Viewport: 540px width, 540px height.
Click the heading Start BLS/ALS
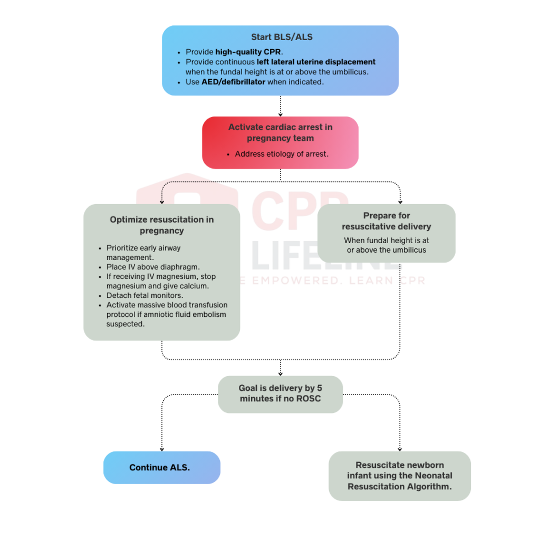point(280,38)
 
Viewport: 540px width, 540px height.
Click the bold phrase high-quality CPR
point(249,52)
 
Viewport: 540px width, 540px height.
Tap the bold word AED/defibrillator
point(233,82)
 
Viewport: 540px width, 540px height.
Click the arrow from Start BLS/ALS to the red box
point(280,106)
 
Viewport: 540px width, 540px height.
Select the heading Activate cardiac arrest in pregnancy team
point(280,133)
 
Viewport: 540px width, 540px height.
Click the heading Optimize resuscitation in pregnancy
point(162,225)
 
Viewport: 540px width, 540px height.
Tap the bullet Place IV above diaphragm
point(153,267)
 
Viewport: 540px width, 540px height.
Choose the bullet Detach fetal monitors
point(146,295)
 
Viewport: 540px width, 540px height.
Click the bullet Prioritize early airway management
point(143,253)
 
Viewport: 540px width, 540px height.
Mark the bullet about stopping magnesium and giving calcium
point(161,281)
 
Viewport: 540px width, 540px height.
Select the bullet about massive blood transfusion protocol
point(167,314)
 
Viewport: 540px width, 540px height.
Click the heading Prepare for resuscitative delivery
point(386,221)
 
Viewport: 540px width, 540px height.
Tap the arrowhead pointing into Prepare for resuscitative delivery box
point(400,201)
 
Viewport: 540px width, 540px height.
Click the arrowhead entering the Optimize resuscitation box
point(162,201)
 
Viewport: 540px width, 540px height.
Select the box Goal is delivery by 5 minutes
point(280,394)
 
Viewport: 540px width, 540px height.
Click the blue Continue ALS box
point(161,468)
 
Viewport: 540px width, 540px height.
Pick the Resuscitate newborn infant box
point(399,476)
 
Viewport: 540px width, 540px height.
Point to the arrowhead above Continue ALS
point(161,448)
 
